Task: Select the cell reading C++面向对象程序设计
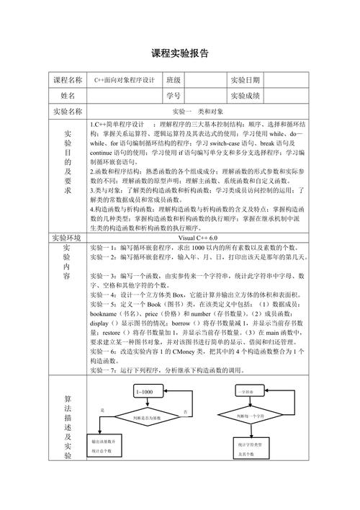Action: click(125, 80)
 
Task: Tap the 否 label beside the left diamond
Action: click(185, 411)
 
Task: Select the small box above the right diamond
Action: click(251, 392)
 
